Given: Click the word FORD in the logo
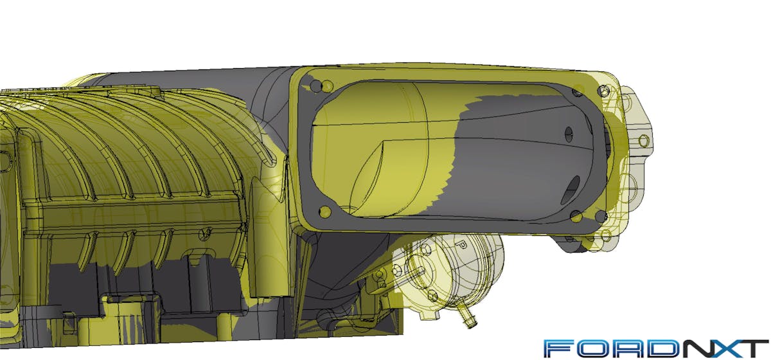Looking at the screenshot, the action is tap(609, 348).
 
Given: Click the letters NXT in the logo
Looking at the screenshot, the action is tap(722, 348).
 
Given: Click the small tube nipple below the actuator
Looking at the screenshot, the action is tap(468, 318).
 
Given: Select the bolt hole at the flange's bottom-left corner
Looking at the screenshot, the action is tap(325, 211).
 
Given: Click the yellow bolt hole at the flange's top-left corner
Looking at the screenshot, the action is tap(327, 86).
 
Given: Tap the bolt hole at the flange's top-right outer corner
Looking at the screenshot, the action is tap(603, 91).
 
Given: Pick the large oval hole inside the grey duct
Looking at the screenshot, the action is tap(571, 190).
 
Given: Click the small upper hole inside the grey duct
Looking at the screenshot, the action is tap(569, 134).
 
